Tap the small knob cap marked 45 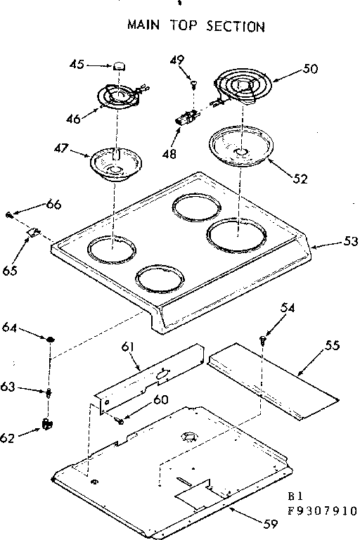tap(120, 65)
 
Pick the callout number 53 tap(349, 241)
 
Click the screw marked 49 tap(192, 85)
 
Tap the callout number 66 tap(54, 205)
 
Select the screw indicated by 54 tap(263, 340)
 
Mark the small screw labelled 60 tap(121, 420)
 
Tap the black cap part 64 tap(51, 341)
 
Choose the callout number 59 tap(271, 522)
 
